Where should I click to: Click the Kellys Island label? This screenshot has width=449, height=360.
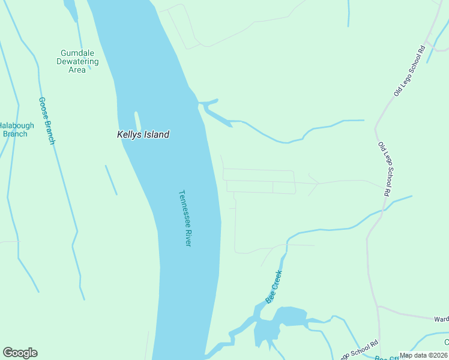143,135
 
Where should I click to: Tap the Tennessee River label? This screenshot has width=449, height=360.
185,218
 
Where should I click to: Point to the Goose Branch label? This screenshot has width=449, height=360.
47,121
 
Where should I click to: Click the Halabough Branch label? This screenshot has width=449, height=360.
16,130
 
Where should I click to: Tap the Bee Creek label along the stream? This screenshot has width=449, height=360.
274,286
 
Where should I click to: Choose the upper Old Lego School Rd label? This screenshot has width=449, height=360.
410,71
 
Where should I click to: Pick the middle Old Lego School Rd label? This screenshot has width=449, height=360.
384,169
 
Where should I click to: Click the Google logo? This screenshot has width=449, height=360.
20,353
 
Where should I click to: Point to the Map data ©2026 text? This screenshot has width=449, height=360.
424,355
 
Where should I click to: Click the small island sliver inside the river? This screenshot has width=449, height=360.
137,119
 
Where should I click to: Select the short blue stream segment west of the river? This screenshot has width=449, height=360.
111,180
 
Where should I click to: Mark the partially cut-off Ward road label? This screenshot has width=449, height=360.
441,319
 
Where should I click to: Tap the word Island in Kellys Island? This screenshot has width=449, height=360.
155,135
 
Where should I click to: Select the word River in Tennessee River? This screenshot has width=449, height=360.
187,236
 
